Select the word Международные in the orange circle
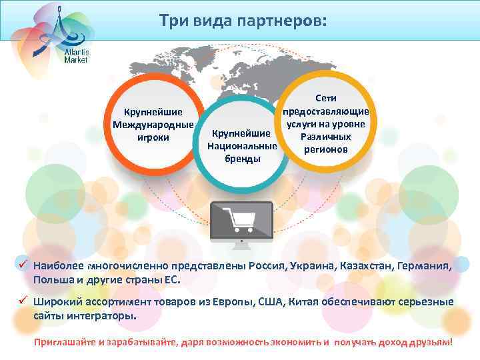click(x=153, y=125)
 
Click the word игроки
click(x=152, y=137)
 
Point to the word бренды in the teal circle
click(x=242, y=159)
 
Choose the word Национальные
click(x=242, y=145)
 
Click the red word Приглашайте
click(x=65, y=341)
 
